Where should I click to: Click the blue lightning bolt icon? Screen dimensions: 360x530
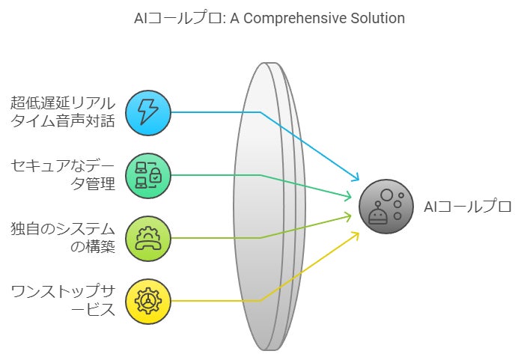pyautogui.click(x=148, y=113)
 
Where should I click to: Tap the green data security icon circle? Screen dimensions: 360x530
pyautogui.click(x=148, y=176)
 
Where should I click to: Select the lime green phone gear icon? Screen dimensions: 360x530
pyautogui.click(x=148, y=238)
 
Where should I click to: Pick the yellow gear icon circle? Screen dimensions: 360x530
pyautogui.click(x=148, y=301)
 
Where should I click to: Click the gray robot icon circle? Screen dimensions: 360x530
pyautogui.click(x=386, y=207)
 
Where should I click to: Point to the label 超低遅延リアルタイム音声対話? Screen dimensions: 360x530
pyautogui.click(x=63, y=112)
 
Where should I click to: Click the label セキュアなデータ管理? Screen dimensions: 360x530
pyautogui.click(x=63, y=174)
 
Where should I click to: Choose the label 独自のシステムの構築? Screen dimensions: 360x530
pyautogui.click(x=63, y=237)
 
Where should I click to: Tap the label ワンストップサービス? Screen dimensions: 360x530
pyautogui.click(x=63, y=299)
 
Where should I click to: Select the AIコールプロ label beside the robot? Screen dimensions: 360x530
pyautogui.click(x=468, y=207)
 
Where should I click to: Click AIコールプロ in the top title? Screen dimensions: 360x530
pyautogui.click(x=171, y=18)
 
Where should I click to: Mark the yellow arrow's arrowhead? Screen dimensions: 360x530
pyautogui.click(x=356, y=234)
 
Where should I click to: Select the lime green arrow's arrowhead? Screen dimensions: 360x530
pyautogui.click(x=350, y=216)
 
